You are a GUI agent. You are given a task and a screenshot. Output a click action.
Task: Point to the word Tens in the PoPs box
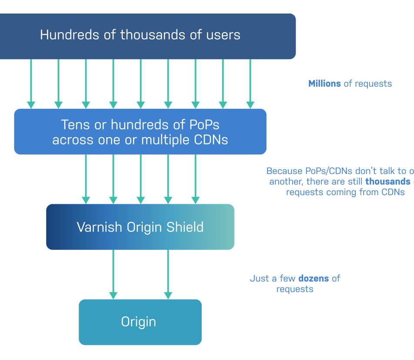[75, 125]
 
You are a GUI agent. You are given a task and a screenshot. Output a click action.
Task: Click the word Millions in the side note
[324, 84]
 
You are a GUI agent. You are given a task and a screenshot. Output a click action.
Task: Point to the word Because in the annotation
[284, 171]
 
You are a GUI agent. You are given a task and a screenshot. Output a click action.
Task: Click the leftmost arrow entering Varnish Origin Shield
[86, 179]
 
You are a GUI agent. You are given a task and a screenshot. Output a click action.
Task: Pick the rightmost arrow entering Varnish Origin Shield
[195, 179]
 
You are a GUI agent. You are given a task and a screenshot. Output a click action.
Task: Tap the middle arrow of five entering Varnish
[140, 179]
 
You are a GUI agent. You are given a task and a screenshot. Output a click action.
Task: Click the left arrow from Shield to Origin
[113, 274]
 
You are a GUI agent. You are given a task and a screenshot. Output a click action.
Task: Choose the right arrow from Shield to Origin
[168, 274]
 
